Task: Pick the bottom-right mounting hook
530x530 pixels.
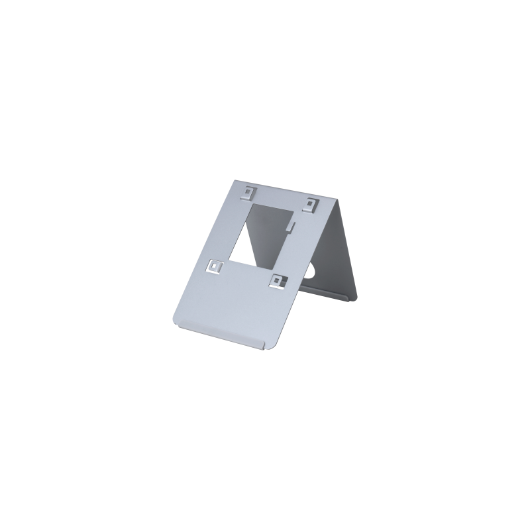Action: (277, 280)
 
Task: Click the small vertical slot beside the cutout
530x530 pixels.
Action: (290, 227)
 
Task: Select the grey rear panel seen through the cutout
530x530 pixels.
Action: (272, 232)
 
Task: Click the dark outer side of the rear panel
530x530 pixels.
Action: (348, 252)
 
